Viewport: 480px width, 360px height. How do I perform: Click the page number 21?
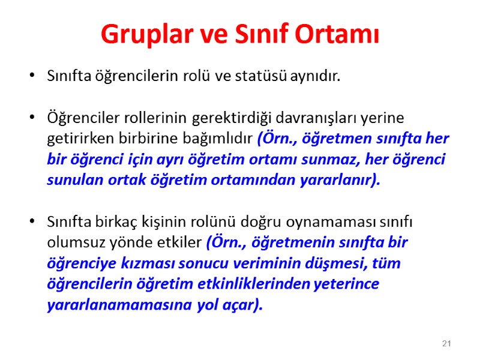click(446, 343)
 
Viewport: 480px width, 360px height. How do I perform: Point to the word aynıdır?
click(316, 77)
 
